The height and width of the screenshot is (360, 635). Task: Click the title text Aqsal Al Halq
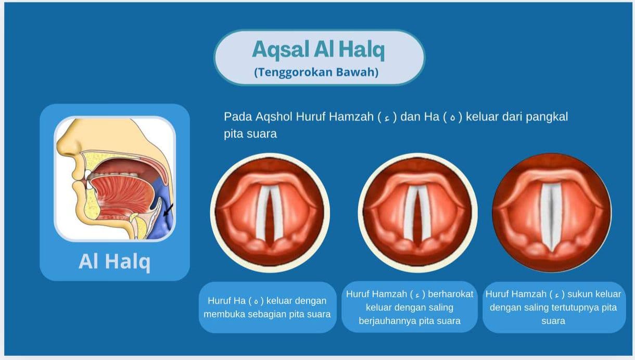click(318, 50)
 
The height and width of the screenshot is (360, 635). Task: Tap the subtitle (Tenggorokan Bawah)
click(316, 72)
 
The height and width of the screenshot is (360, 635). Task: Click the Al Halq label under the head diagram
click(115, 261)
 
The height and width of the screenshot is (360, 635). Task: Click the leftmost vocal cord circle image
click(270, 212)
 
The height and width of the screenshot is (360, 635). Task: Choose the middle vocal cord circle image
click(417, 212)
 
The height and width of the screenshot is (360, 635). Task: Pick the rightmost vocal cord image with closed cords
click(552, 212)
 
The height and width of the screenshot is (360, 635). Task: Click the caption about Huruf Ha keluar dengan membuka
click(267, 307)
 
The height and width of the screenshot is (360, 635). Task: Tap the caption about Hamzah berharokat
click(410, 307)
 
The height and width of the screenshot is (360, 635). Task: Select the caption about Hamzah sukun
click(553, 307)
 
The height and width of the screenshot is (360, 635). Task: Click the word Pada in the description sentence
click(235, 117)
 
